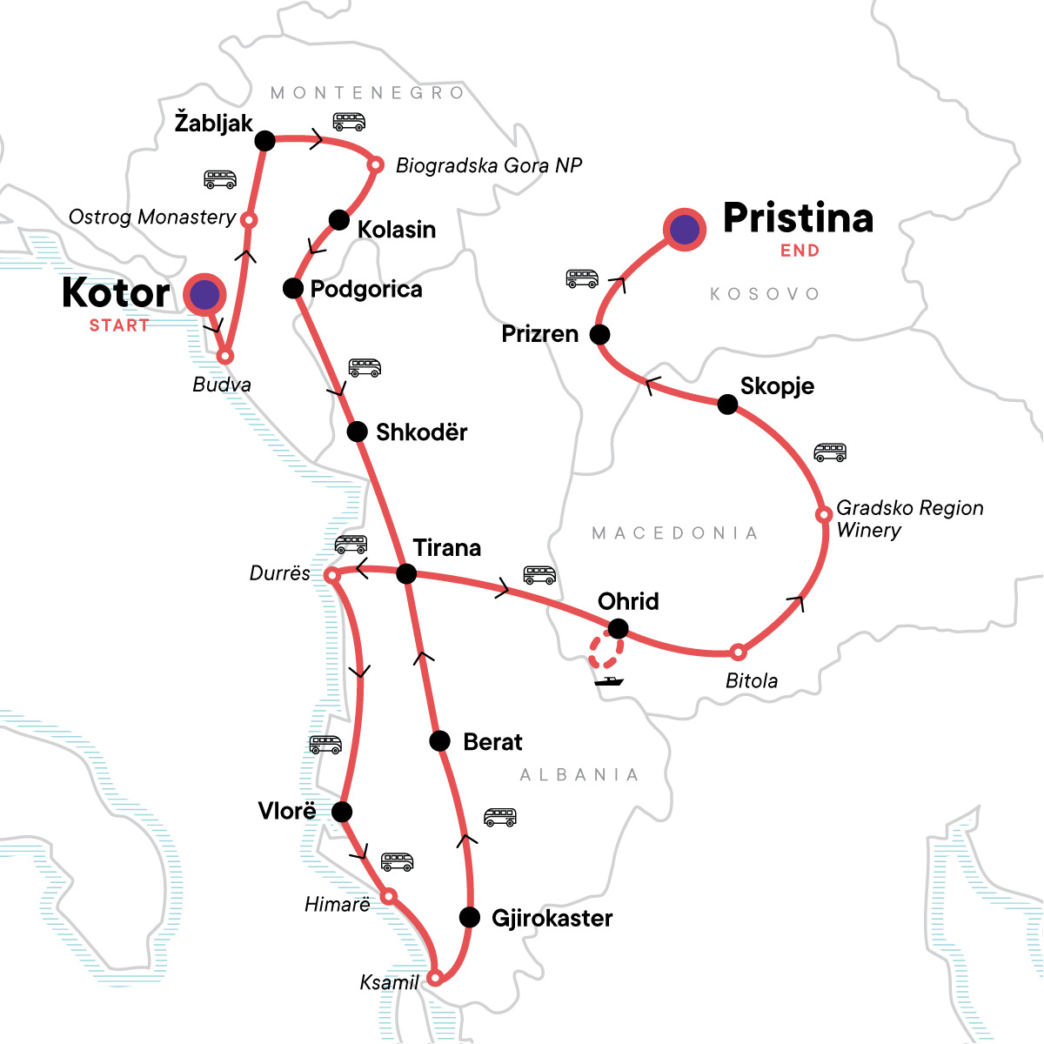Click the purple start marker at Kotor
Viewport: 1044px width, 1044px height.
coord(205,296)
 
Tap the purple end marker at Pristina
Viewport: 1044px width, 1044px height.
coord(685,229)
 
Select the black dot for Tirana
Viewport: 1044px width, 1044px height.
coord(406,573)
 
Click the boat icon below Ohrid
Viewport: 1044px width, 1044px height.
coord(609,680)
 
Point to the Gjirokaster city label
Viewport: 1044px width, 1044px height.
coord(552,918)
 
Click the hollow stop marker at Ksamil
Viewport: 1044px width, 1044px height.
coord(436,976)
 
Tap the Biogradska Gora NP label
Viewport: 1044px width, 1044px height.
coord(488,165)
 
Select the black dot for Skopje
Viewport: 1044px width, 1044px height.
coord(727,404)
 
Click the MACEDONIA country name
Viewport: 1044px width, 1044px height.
coord(674,532)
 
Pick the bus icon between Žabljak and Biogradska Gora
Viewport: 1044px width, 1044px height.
coord(349,121)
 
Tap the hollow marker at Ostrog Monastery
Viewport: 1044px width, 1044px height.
coord(248,220)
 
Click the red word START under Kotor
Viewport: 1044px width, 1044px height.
coord(119,325)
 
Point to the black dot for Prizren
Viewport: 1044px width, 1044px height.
coord(599,334)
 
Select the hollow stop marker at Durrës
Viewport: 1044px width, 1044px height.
coord(331,575)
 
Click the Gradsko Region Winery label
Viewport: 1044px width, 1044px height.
coord(909,519)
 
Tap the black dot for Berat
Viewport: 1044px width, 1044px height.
coord(440,741)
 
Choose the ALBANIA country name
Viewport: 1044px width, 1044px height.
coord(579,774)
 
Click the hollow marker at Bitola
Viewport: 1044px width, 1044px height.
coord(738,652)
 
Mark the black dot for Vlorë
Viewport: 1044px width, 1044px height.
coord(342,812)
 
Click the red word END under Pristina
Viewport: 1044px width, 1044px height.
coord(800,251)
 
